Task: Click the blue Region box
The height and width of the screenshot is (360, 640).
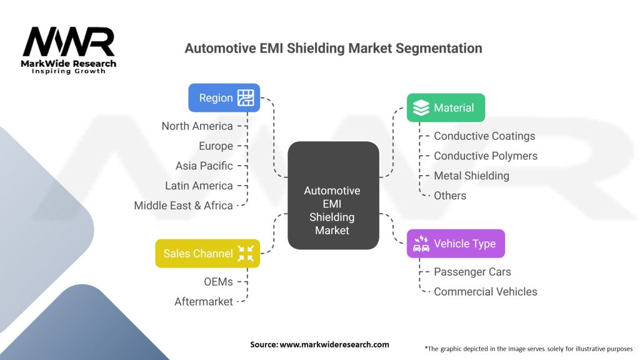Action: point(224,98)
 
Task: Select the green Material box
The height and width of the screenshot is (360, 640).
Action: point(446,108)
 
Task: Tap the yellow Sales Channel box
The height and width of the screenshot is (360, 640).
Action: point(207,253)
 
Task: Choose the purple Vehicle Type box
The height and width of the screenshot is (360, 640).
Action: point(456,244)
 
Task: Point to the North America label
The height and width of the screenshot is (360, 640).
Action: point(197,126)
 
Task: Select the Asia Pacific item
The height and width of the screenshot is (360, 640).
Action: point(204,166)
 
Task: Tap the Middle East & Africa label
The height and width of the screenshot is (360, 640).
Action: point(183,206)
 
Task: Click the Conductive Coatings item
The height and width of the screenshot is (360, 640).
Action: point(484,136)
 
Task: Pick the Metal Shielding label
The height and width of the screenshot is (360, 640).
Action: point(471,176)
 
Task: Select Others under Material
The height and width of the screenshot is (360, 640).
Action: point(450,196)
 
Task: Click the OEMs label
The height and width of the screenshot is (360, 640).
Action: point(218,281)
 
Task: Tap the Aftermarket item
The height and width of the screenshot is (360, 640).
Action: point(204,301)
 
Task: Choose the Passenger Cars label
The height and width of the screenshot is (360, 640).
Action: point(472,272)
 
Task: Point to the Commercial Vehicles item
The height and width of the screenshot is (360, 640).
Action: point(485,292)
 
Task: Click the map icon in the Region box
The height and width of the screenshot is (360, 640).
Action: point(246,98)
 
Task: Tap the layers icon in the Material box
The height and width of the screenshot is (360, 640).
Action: point(421,108)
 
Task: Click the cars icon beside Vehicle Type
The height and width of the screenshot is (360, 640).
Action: point(421,244)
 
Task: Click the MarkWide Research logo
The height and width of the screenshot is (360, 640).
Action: point(69,50)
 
